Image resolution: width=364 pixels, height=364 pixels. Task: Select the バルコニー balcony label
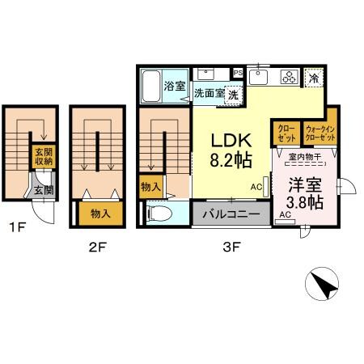pyautogui.click(x=231, y=215)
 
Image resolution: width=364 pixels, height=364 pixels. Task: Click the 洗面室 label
pyautogui.click(x=209, y=94)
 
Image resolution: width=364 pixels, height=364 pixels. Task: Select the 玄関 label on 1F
pyautogui.click(x=42, y=191)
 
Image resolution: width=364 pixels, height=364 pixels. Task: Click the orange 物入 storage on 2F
pyautogui.click(x=100, y=214)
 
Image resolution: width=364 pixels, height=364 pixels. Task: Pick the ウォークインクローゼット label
pyautogui.click(x=319, y=132)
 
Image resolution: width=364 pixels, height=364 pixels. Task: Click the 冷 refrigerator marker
pyautogui.click(x=313, y=79)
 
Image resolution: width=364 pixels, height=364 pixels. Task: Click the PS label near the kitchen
pyautogui.click(x=237, y=73)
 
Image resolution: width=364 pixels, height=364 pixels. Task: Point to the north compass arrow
pyautogui.click(x=325, y=286)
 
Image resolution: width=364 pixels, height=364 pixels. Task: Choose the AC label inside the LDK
pyautogui.click(x=256, y=187)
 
